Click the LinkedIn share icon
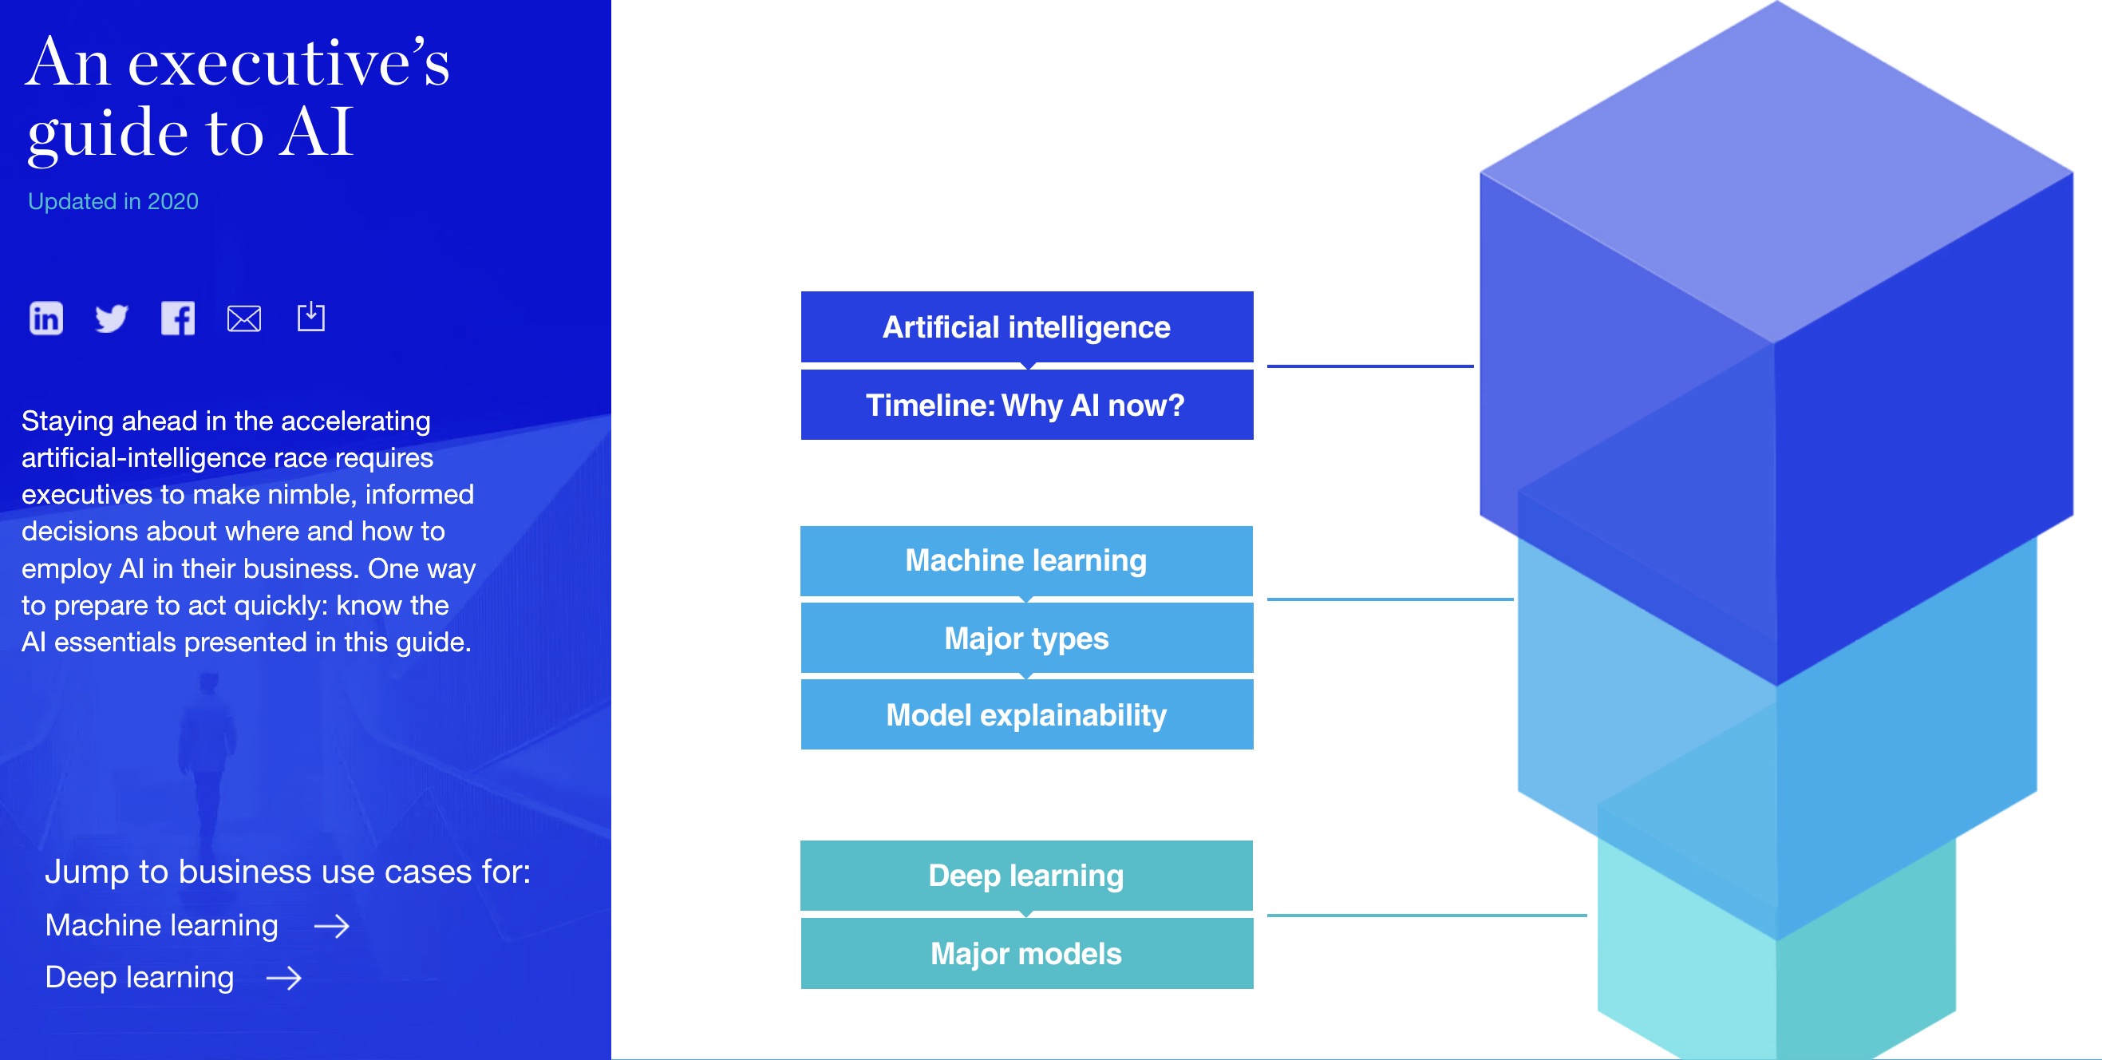pyautogui.click(x=45, y=318)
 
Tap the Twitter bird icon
pyautogui.click(x=111, y=318)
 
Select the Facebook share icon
pyautogui.click(x=178, y=318)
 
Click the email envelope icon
pyautogui.click(x=244, y=318)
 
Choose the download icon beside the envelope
pyautogui.click(x=311, y=317)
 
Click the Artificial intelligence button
pyautogui.click(x=1026, y=326)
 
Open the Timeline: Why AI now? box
pyautogui.click(x=1026, y=405)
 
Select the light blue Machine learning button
pyautogui.click(x=1025, y=560)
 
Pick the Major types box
pyautogui.click(x=1026, y=638)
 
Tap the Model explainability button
pyautogui.click(x=1026, y=715)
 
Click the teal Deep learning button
pyautogui.click(x=1025, y=876)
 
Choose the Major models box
pyautogui.click(x=1026, y=953)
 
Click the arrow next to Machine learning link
pyautogui.click(x=331, y=926)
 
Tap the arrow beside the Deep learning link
pyautogui.click(x=284, y=978)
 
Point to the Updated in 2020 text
pyautogui.click(x=113, y=202)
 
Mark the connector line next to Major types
pyautogui.click(x=1389, y=599)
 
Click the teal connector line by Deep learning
pyautogui.click(x=1425, y=916)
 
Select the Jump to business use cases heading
pyautogui.click(x=287, y=872)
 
